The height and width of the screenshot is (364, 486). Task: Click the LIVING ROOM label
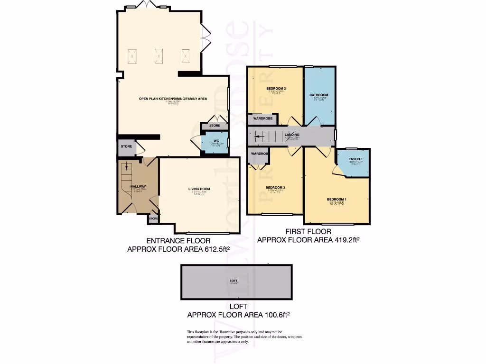(199, 189)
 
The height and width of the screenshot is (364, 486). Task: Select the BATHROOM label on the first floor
(319, 95)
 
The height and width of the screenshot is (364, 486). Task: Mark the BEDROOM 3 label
(275, 89)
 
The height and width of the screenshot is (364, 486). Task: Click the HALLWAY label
(138, 186)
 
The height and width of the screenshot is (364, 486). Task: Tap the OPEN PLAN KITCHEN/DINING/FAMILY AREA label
(173, 99)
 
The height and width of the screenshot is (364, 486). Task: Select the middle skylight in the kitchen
(158, 56)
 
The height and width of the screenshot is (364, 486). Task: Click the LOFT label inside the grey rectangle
(233, 281)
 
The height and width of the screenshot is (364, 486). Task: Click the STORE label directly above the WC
(215, 126)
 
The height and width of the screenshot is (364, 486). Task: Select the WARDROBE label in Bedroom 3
(262, 118)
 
